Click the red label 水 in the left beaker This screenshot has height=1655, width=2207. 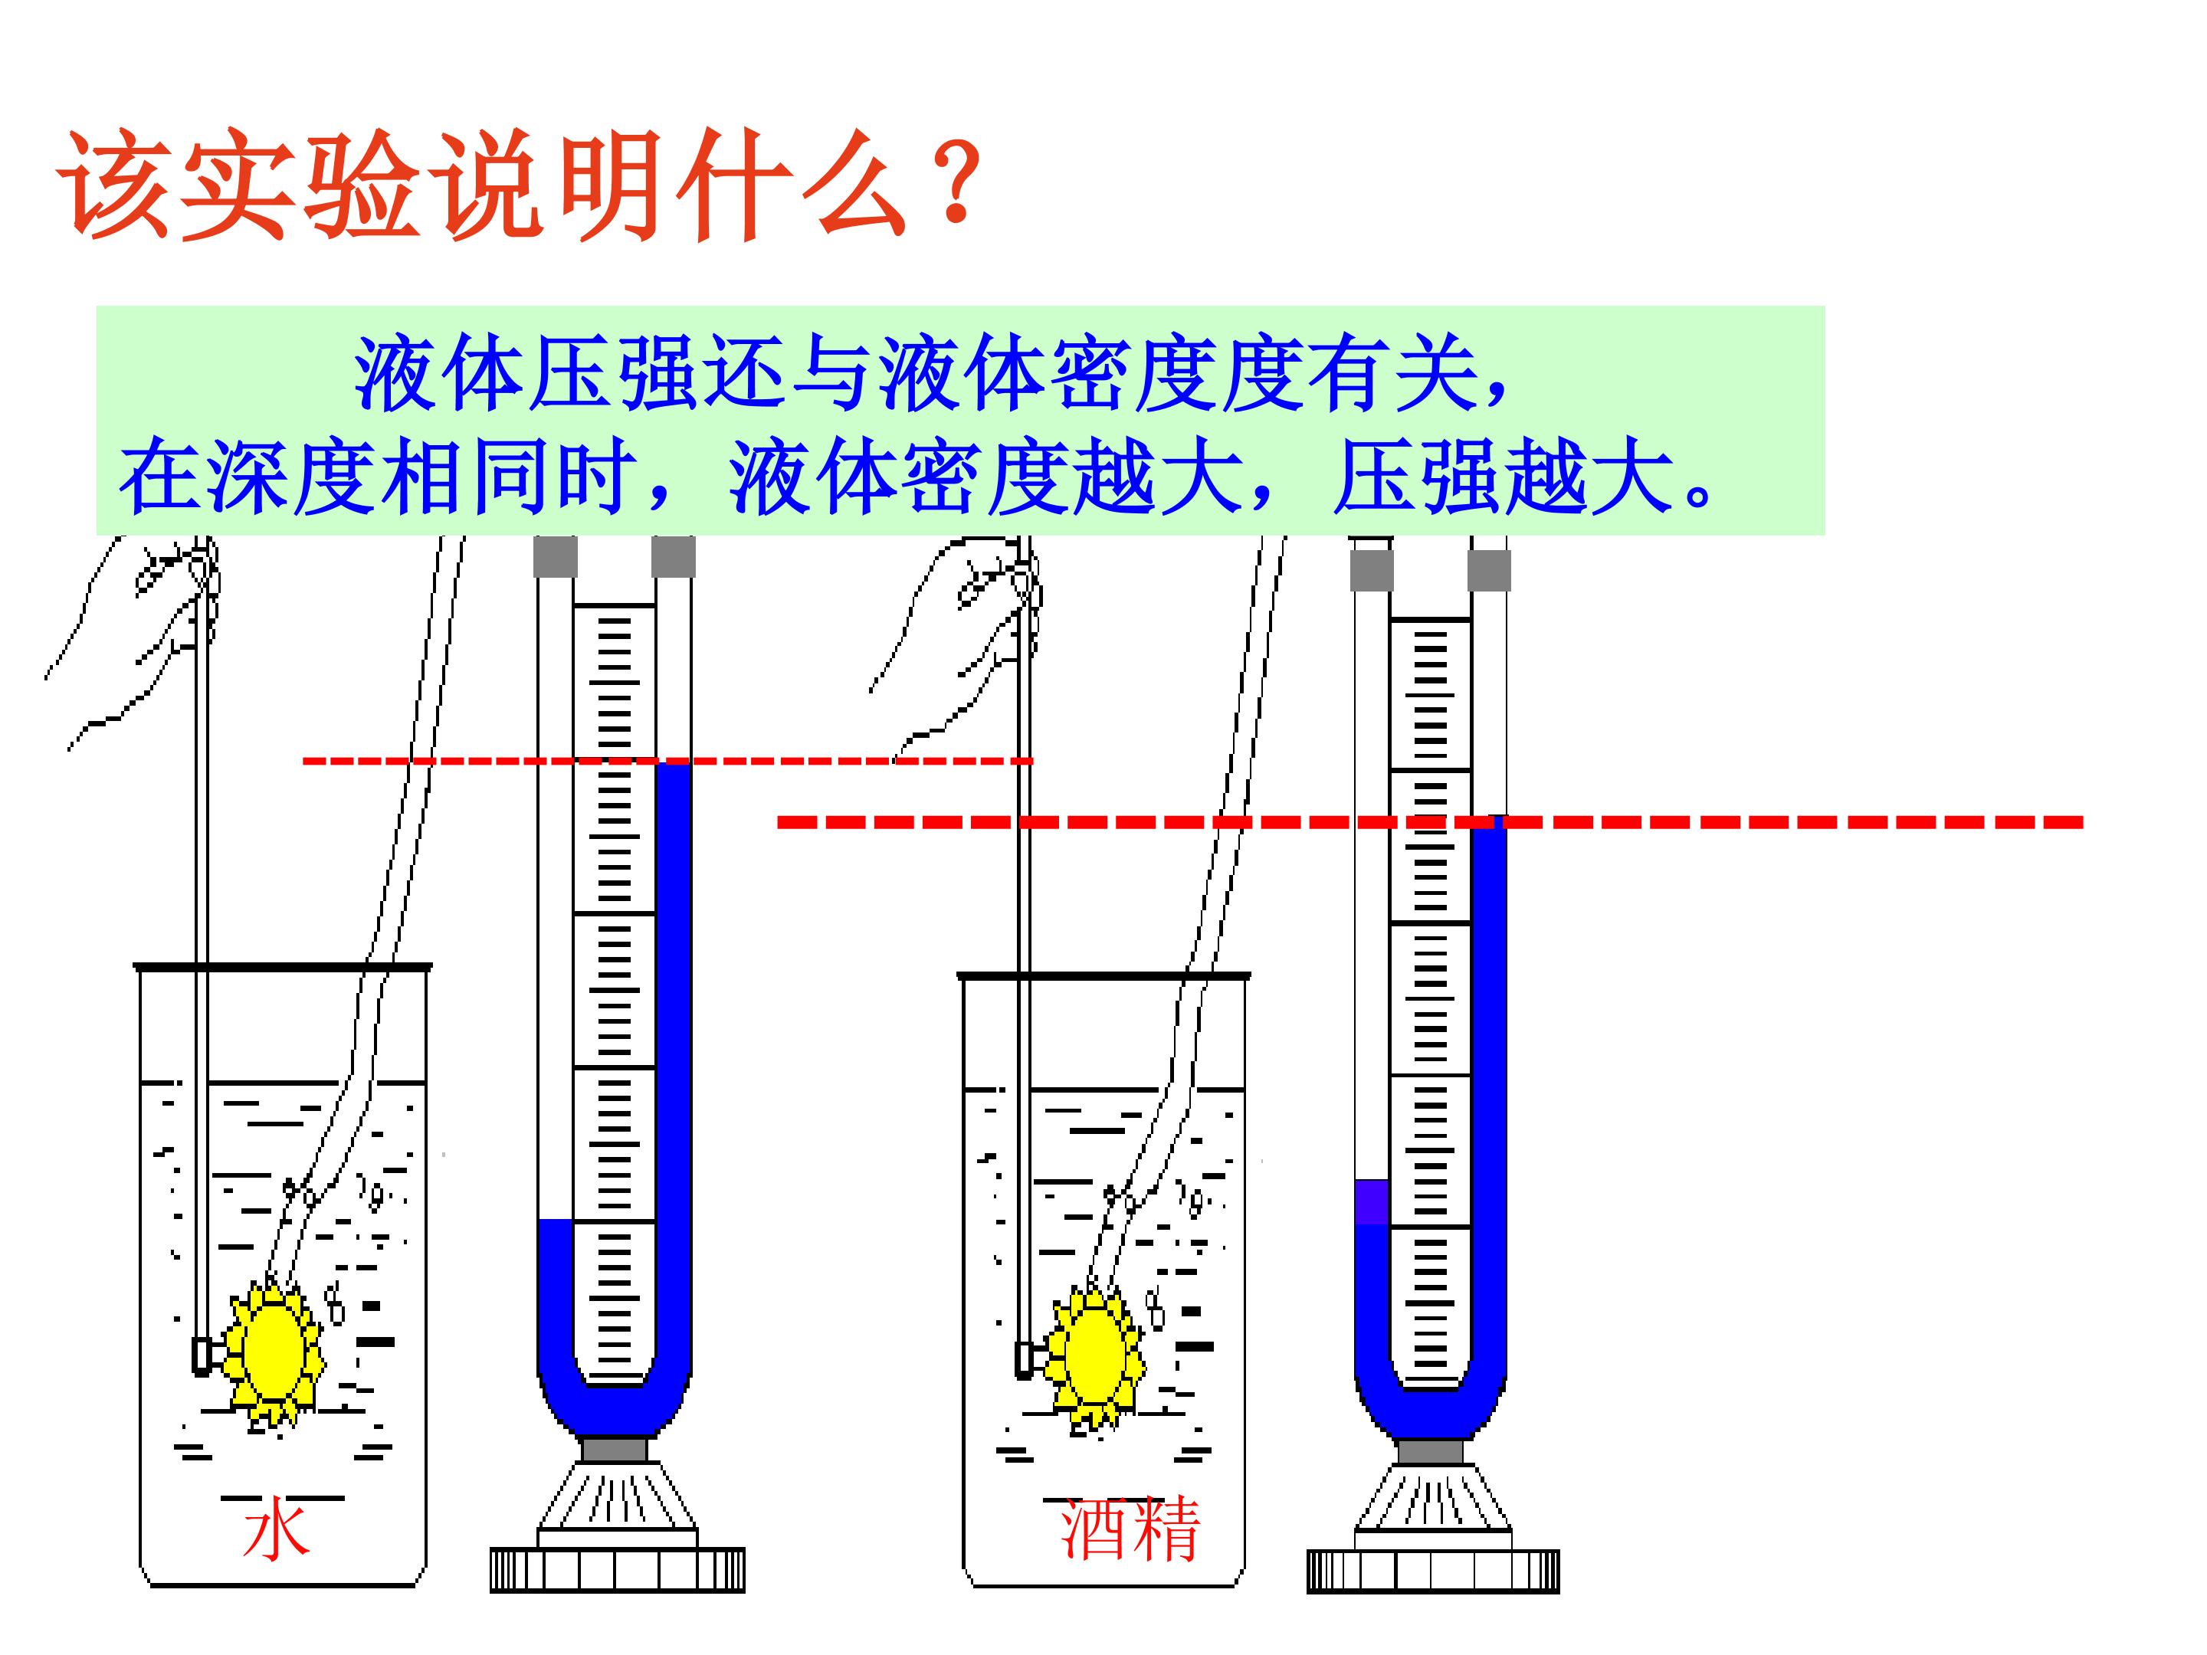(x=275, y=1532)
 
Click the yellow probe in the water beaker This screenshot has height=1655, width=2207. (x=272, y=1354)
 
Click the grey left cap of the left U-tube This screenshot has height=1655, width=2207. (x=556, y=557)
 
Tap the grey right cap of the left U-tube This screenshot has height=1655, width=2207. (x=674, y=557)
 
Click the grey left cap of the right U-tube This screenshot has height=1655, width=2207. (x=1372, y=571)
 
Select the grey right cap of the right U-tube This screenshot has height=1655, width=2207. (x=1489, y=571)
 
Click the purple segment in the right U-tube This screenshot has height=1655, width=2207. (x=1372, y=1202)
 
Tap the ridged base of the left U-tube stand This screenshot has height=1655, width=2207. (x=617, y=1569)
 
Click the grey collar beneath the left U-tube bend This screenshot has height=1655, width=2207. (x=615, y=1448)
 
